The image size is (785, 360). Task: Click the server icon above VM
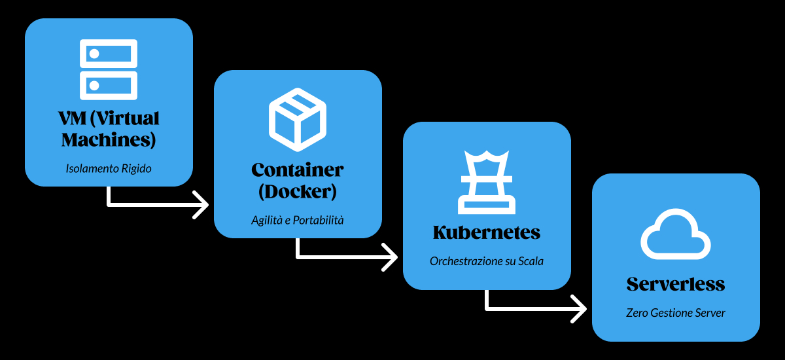tap(109, 69)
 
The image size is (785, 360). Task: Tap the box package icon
tap(298, 118)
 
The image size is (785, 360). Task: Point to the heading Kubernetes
tap(487, 232)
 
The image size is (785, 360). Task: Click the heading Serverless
tap(676, 284)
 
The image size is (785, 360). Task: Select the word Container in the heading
tap(298, 170)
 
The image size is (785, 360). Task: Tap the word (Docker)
tap(298, 192)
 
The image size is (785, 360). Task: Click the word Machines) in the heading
tap(109, 139)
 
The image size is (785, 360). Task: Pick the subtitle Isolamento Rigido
tap(109, 169)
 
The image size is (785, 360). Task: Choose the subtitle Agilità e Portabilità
tap(298, 221)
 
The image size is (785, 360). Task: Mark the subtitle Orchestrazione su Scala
tap(487, 261)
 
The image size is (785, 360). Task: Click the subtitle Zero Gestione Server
tap(676, 313)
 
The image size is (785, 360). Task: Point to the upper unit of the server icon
tap(109, 54)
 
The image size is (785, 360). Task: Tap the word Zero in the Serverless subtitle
tap(637, 313)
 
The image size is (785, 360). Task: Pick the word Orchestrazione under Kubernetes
tap(466, 261)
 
